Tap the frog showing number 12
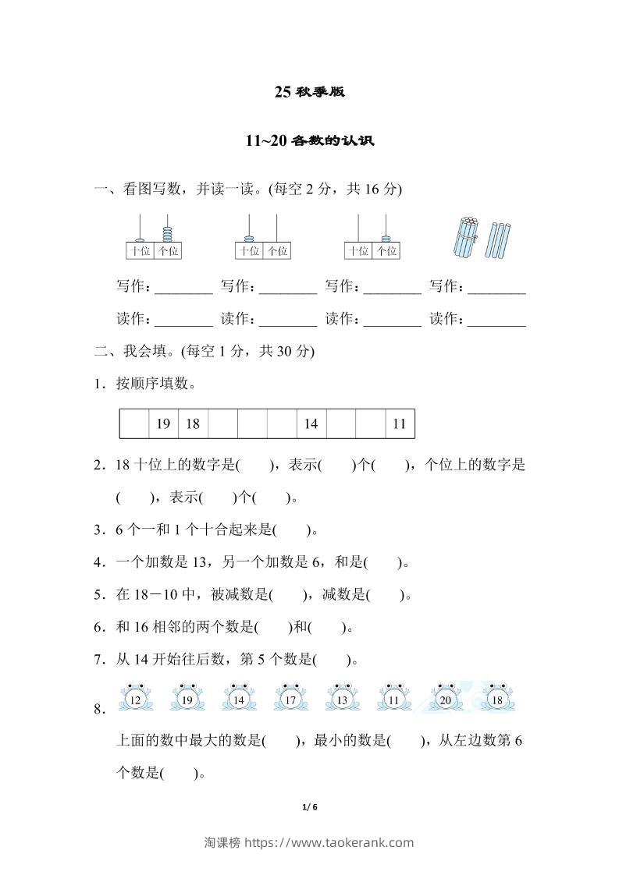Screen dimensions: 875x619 tap(135, 698)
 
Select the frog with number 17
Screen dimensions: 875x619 tap(290, 698)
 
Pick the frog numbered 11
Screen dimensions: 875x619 tap(393, 698)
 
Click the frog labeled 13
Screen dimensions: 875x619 tap(342, 698)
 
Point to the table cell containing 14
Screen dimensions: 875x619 tap(311, 424)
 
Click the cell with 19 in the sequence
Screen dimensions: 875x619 tap(163, 424)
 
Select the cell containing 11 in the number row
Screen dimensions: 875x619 tap(400, 424)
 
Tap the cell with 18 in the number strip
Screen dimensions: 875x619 tap(193, 424)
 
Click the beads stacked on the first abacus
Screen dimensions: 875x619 tap(168, 234)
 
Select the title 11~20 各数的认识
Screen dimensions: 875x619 tap(309, 141)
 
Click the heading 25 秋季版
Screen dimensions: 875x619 tap(309, 92)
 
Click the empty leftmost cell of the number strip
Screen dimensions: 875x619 tap(133, 424)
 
